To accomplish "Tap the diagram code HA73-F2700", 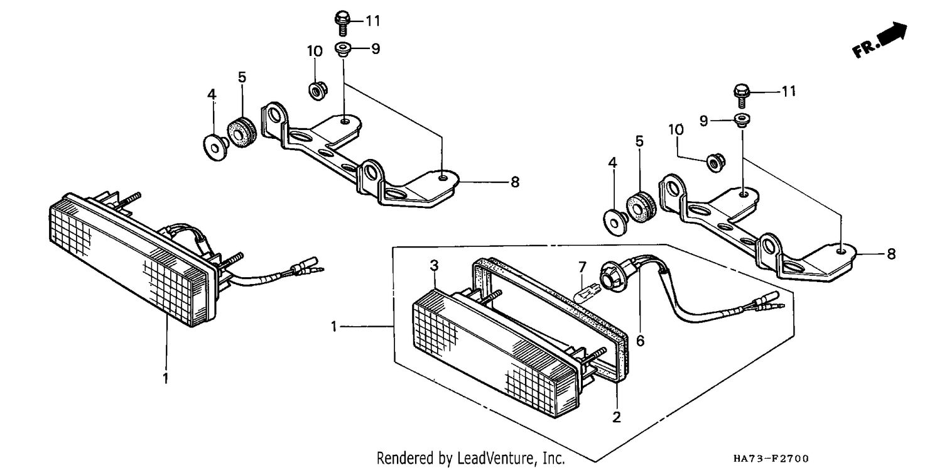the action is pyautogui.click(x=771, y=458).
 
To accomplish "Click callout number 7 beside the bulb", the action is pyautogui.click(x=582, y=267).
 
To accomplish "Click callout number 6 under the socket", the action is pyautogui.click(x=640, y=341).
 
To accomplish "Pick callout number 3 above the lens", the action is pyautogui.click(x=434, y=265).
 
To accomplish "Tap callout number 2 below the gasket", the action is pyautogui.click(x=617, y=417).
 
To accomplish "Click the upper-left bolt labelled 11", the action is pyautogui.click(x=343, y=23).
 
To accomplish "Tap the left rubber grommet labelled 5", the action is pyautogui.click(x=241, y=132).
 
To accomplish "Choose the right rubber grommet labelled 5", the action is pyautogui.click(x=640, y=207).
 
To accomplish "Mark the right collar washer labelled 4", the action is pyautogui.click(x=615, y=222).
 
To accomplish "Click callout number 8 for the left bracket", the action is pyautogui.click(x=515, y=182).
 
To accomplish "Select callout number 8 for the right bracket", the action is pyautogui.click(x=891, y=254).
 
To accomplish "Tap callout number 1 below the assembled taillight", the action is pyautogui.click(x=166, y=378).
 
